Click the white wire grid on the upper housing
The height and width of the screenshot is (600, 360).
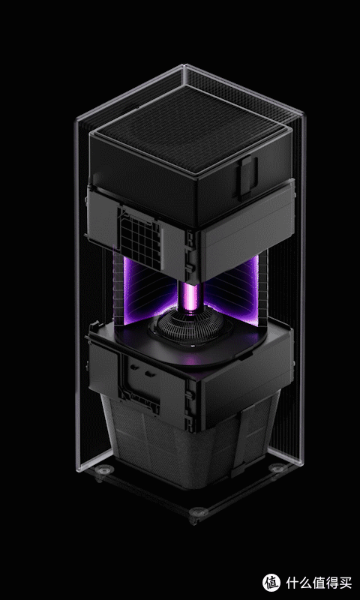[x=139, y=236]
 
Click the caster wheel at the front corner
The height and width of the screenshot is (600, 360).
[x=198, y=513]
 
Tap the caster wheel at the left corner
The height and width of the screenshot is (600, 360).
[x=103, y=471]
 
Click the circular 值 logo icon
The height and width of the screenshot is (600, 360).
[x=271, y=583]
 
